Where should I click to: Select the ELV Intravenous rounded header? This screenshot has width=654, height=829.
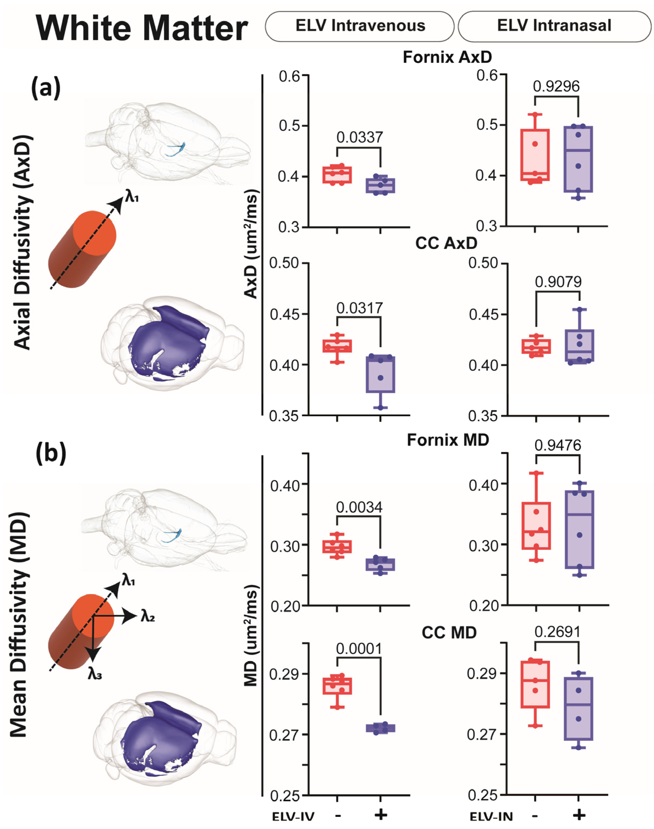360,26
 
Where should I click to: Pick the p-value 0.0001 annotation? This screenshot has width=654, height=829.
359,649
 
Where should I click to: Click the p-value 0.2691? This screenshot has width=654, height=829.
557,632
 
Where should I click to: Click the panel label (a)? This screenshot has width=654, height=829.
46,87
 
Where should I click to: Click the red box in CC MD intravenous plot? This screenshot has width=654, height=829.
337,686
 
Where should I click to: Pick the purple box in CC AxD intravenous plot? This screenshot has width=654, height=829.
380,374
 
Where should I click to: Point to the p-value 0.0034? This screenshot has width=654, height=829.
359,507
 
